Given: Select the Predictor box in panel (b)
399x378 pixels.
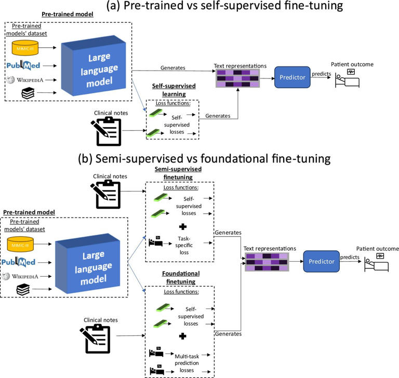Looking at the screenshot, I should (322, 261).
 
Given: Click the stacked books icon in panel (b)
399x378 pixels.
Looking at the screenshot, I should (22, 290).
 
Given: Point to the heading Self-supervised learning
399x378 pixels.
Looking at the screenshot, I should (172, 89).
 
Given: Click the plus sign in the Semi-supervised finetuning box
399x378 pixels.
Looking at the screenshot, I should (182, 227).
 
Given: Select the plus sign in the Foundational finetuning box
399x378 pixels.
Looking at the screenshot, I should (182, 336).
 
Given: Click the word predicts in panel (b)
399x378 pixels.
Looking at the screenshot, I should (349, 257).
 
